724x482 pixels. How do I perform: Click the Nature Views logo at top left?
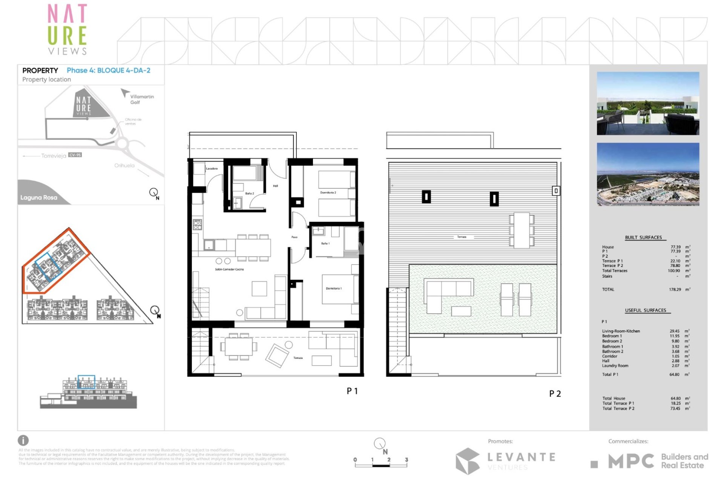coord(67,29)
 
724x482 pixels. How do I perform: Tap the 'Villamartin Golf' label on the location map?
coord(142,99)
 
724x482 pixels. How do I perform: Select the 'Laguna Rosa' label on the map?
coord(39,197)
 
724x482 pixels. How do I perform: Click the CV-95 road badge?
coord(75,155)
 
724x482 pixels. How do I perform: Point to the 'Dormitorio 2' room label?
coord(328,192)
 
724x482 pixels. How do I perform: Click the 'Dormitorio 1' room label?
coord(333,288)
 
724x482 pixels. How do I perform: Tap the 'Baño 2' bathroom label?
coord(249,194)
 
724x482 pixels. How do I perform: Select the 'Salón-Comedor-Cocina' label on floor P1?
coord(229,269)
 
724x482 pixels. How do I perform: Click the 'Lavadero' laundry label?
coord(212,168)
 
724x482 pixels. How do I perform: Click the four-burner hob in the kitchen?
coord(197,224)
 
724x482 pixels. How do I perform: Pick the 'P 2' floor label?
coord(555,394)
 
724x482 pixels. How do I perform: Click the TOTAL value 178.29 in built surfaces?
coord(675,290)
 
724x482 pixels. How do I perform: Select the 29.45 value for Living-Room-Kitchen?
coord(674,331)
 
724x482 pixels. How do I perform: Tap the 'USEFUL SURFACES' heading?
coord(646,310)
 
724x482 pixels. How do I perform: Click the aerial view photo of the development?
coord(648,174)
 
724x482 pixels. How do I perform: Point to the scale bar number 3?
coord(406,460)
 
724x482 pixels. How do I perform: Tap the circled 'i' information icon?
coord(23,440)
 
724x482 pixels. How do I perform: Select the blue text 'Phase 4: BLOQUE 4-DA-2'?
coord(109,70)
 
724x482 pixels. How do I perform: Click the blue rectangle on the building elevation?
coord(86,381)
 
